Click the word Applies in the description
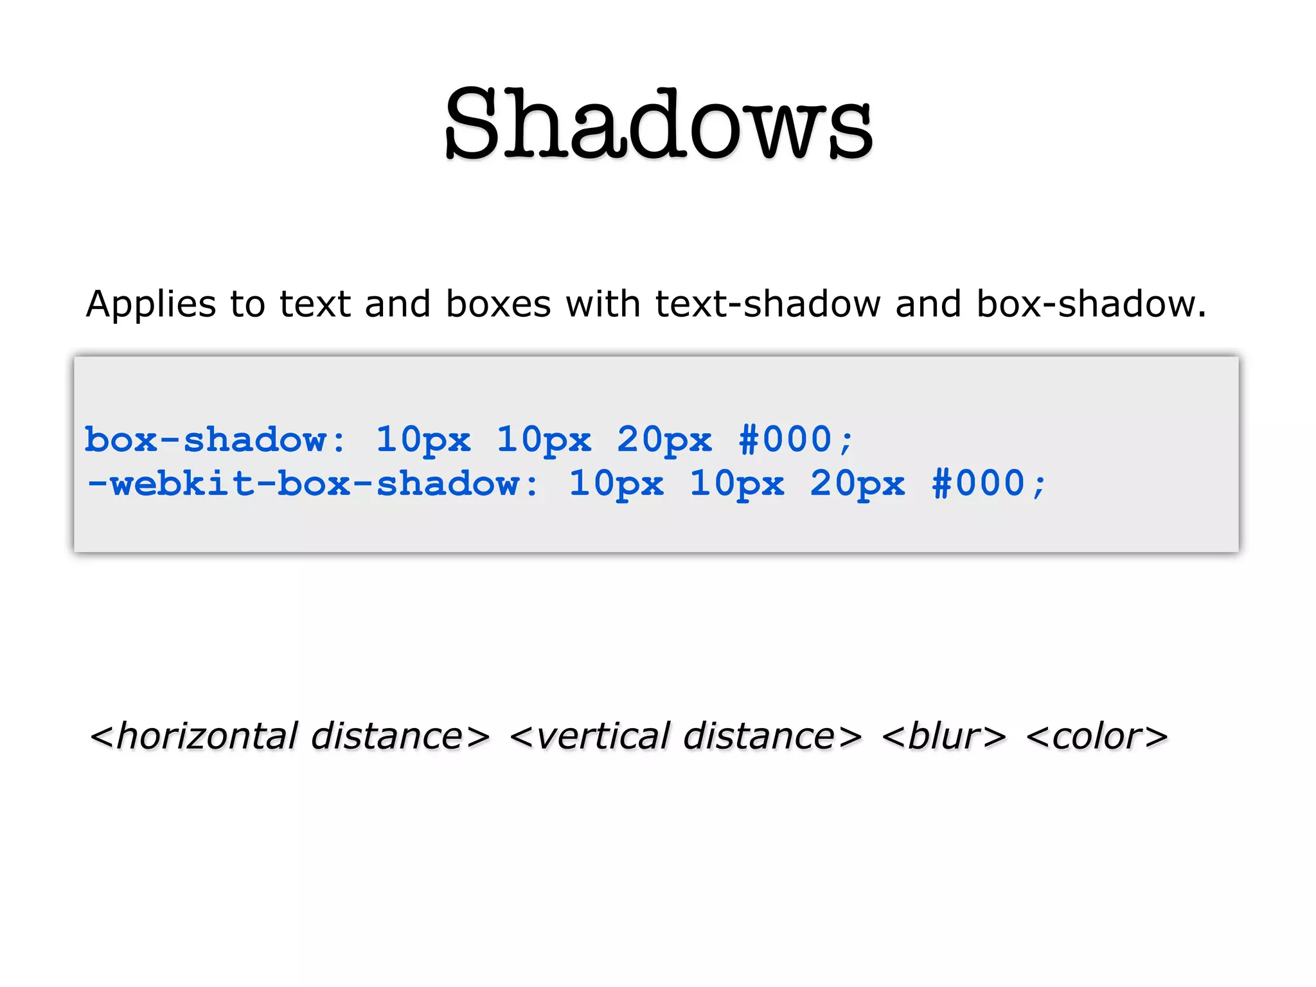(x=150, y=305)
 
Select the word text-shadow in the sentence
(x=768, y=304)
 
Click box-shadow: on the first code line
(x=215, y=440)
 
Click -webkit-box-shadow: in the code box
(x=313, y=484)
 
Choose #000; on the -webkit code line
(x=989, y=484)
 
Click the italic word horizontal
(x=208, y=736)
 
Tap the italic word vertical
(x=603, y=736)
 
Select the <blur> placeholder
(x=944, y=736)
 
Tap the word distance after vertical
(x=758, y=736)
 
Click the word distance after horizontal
(x=386, y=736)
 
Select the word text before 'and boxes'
(x=315, y=304)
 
